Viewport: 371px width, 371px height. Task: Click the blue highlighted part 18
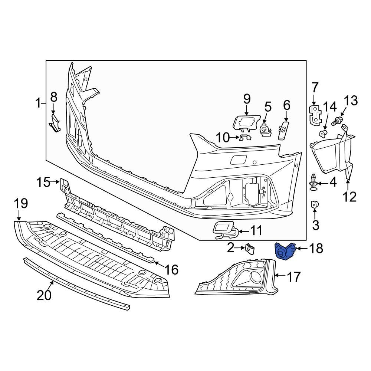click(284, 251)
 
